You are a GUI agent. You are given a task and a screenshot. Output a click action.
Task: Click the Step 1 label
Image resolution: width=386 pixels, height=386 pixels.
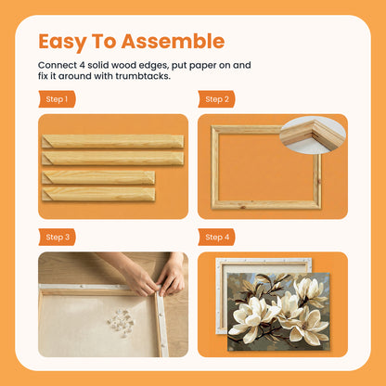(x=57, y=98)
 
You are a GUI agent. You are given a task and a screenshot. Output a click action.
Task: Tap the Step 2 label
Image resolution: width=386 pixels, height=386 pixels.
(x=216, y=98)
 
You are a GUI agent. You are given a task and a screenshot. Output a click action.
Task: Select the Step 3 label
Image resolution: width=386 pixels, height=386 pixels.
(x=58, y=238)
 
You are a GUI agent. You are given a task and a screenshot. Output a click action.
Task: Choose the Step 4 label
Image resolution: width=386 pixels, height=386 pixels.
(x=216, y=238)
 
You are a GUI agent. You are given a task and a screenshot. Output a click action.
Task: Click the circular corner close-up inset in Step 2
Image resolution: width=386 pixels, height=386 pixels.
(x=314, y=135)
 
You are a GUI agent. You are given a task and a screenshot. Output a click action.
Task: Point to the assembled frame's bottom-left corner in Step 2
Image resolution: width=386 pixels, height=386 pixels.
(x=215, y=204)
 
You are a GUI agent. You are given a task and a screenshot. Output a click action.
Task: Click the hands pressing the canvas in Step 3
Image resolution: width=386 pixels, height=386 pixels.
(x=156, y=276)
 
